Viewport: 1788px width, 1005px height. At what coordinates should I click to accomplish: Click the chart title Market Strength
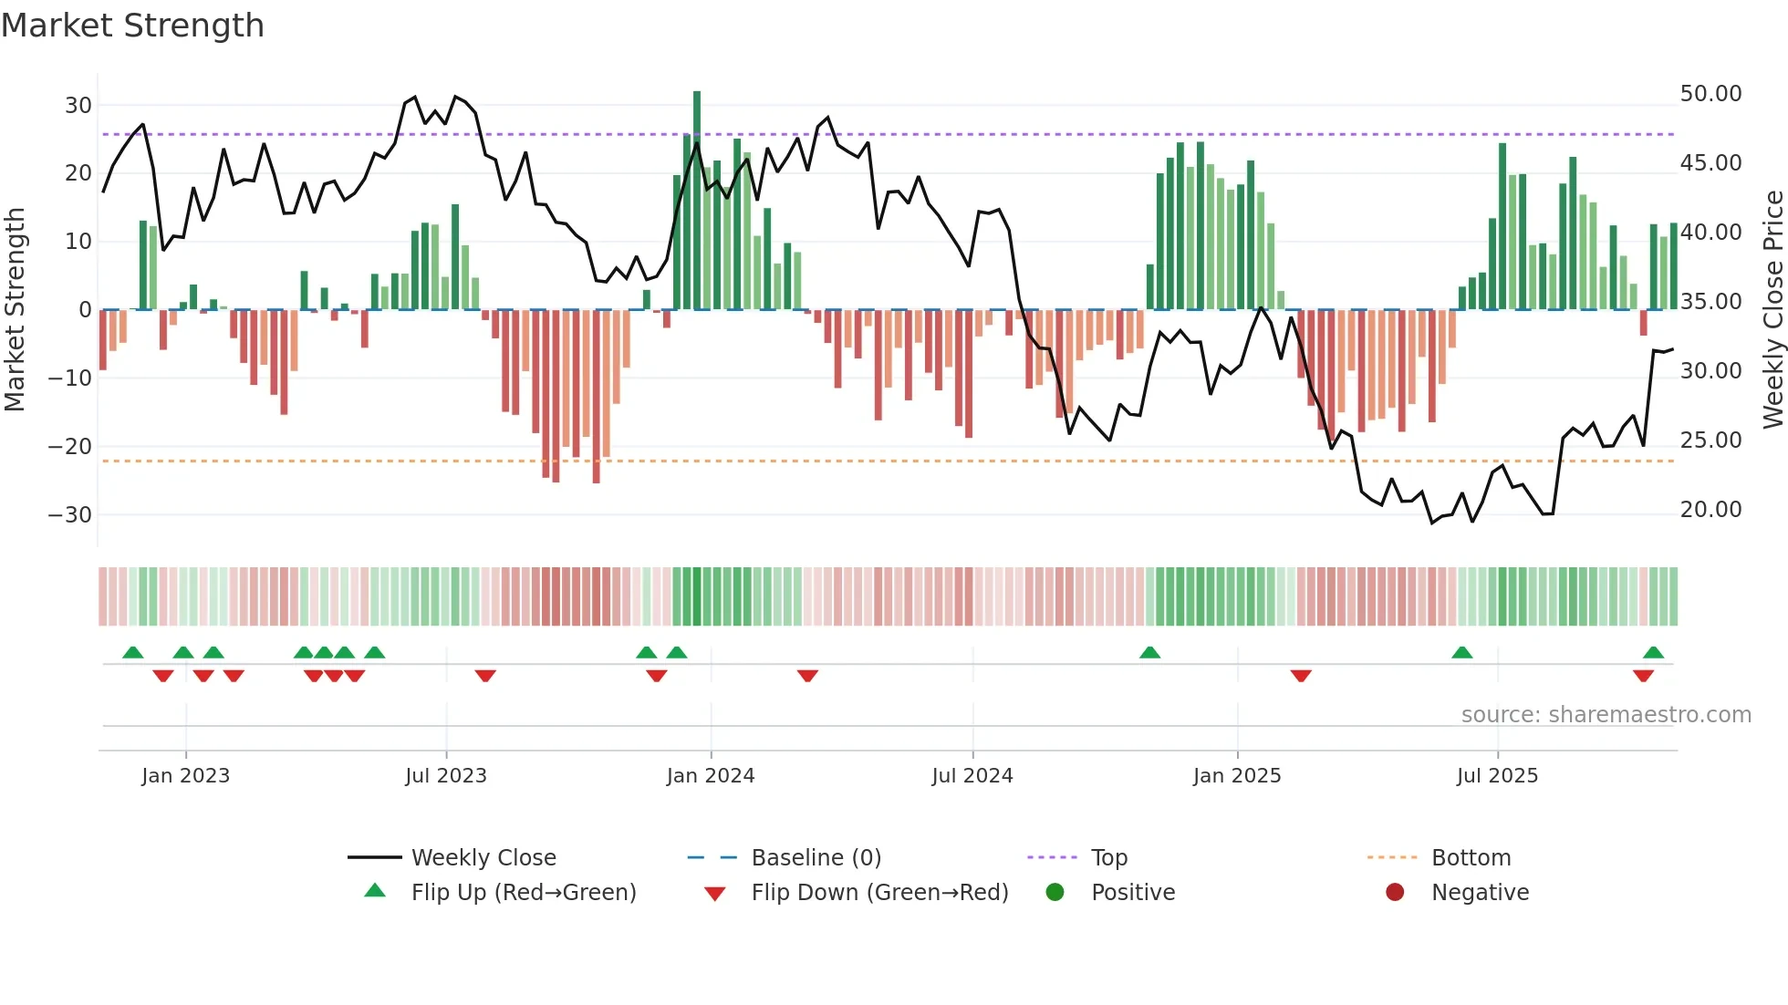tap(133, 26)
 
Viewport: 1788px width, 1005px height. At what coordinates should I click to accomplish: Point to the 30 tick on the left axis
tap(78, 105)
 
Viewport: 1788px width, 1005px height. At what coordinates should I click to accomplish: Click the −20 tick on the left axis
tap(70, 447)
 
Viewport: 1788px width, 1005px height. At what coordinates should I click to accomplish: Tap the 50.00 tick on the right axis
tap(1710, 94)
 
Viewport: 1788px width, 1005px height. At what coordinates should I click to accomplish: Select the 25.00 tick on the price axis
tap(1710, 440)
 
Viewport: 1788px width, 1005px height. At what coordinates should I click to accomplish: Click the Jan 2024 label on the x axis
tap(711, 776)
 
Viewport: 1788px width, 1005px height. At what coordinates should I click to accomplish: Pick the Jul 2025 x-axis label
tap(1497, 776)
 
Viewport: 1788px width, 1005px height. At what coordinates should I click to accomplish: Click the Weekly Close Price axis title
tap(1773, 310)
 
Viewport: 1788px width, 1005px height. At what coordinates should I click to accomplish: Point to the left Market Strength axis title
tap(15, 310)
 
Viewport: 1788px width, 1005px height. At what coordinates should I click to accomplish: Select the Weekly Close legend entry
tap(483, 858)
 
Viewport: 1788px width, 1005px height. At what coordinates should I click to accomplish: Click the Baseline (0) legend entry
tap(816, 858)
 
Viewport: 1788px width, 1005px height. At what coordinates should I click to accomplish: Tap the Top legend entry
tap(1108, 858)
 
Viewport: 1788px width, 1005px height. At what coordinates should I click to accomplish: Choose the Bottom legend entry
tap(1471, 858)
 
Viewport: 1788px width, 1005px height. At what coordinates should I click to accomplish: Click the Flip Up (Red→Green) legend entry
tap(523, 893)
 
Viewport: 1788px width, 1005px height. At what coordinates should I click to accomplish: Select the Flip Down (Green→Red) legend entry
tap(879, 893)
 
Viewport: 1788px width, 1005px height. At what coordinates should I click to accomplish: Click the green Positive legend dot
tap(1055, 893)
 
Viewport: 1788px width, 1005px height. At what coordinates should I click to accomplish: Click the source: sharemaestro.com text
tap(1606, 715)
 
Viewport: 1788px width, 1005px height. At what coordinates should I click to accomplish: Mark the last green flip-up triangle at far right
tap(1653, 653)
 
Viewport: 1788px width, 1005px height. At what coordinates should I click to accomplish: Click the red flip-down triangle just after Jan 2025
tap(1301, 676)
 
